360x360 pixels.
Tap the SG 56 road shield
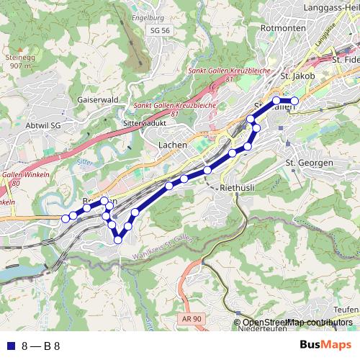click(x=161, y=31)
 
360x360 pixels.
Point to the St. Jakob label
click(x=295, y=75)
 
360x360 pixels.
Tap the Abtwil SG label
click(x=44, y=125)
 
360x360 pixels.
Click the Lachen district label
click(x=172, y=145)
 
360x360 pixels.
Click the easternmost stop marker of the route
click(x=294, y=101)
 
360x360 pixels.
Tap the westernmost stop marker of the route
click(x=65, y=218)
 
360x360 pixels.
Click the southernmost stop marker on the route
click(x=118, y=240)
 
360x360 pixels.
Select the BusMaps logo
click(x=325, y=345)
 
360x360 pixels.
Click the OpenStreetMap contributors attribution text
click(x=297, y=323)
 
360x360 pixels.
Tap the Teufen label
click(x=346, y=310)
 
